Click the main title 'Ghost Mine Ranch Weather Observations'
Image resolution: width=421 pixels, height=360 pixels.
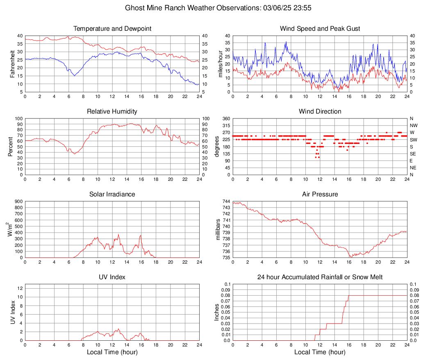point(210,8)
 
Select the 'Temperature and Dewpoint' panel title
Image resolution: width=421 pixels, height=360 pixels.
point(112,29)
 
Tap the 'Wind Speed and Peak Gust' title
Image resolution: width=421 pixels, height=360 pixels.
point(320,29)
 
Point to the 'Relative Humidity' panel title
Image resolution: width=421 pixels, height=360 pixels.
point(112,112)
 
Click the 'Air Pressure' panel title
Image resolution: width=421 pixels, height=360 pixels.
point(320,194)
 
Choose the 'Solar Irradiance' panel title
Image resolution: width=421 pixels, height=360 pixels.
point(112,194)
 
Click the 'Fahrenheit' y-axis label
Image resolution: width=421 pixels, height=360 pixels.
point(12,64)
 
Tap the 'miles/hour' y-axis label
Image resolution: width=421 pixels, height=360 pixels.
point(220,64)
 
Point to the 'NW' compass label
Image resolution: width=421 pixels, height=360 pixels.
point(413,125)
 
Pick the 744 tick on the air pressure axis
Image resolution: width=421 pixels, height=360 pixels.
point(225,201)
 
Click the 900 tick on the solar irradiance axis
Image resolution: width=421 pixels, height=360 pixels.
point(18,201)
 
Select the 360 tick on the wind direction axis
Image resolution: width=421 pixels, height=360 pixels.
point(225,118)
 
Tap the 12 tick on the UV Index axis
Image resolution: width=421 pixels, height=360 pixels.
point(20,288)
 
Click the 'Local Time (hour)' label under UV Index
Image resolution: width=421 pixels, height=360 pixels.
point(112,352)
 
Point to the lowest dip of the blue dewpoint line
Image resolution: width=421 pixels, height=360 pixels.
point(74,76)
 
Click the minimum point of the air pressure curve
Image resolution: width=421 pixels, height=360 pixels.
point(351,257)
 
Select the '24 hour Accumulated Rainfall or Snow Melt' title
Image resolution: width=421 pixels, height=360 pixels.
point(320,277)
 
